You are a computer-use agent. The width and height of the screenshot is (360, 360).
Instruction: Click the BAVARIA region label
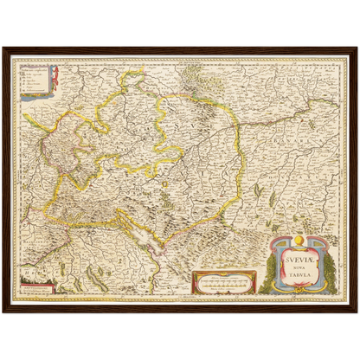pos(286,164)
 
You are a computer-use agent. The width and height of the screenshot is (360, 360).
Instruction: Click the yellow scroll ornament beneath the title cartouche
pos(302,292)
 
